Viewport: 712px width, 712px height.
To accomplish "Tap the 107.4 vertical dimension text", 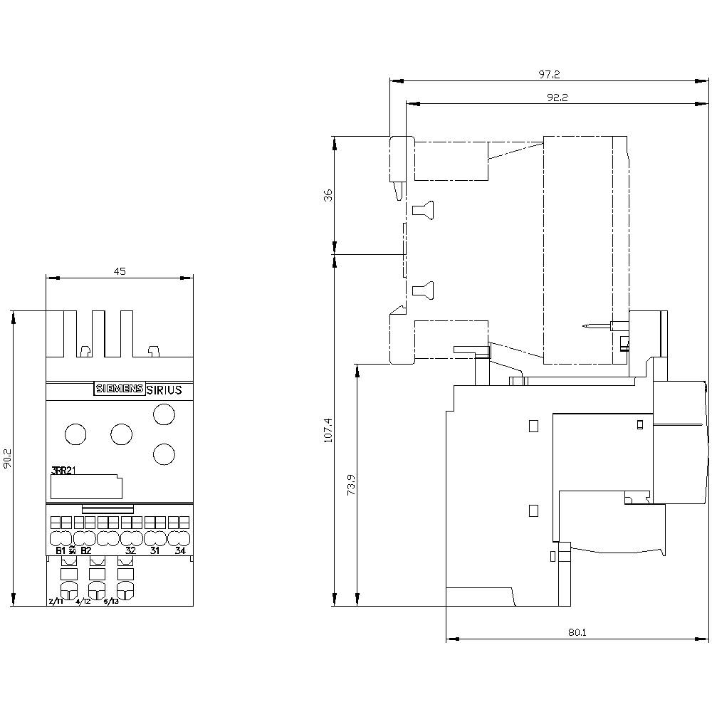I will (x=328, y=431).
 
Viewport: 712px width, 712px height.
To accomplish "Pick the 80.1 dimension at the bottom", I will (x=577, y=631).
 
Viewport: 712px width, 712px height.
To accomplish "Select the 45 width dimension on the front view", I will (x=120, y=271).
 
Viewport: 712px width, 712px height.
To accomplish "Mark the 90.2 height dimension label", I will (x=6, y=459).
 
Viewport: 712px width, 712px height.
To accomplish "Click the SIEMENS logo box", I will (x=119, y=389).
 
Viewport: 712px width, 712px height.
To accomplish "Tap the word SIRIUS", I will (x=164, y=389).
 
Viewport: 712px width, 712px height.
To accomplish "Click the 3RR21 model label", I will (x=65, y=470).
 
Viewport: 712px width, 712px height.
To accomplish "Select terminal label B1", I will (x=61, y=550).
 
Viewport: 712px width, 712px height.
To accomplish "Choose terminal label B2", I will (x=85, y=550).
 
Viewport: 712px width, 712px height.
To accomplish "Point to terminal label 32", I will (x=130, y=550).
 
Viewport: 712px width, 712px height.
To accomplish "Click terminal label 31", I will (x=155, y=550).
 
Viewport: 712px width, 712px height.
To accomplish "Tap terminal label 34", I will (x=179, y=550).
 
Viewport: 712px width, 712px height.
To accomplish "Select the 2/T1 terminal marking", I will (x=56, y=602).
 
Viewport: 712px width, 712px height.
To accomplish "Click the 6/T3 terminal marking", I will (x=111, y=602).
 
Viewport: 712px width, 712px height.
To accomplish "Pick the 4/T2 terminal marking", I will (x=83, y=602).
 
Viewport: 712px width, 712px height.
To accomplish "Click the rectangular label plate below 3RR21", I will (x=86, y=488).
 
